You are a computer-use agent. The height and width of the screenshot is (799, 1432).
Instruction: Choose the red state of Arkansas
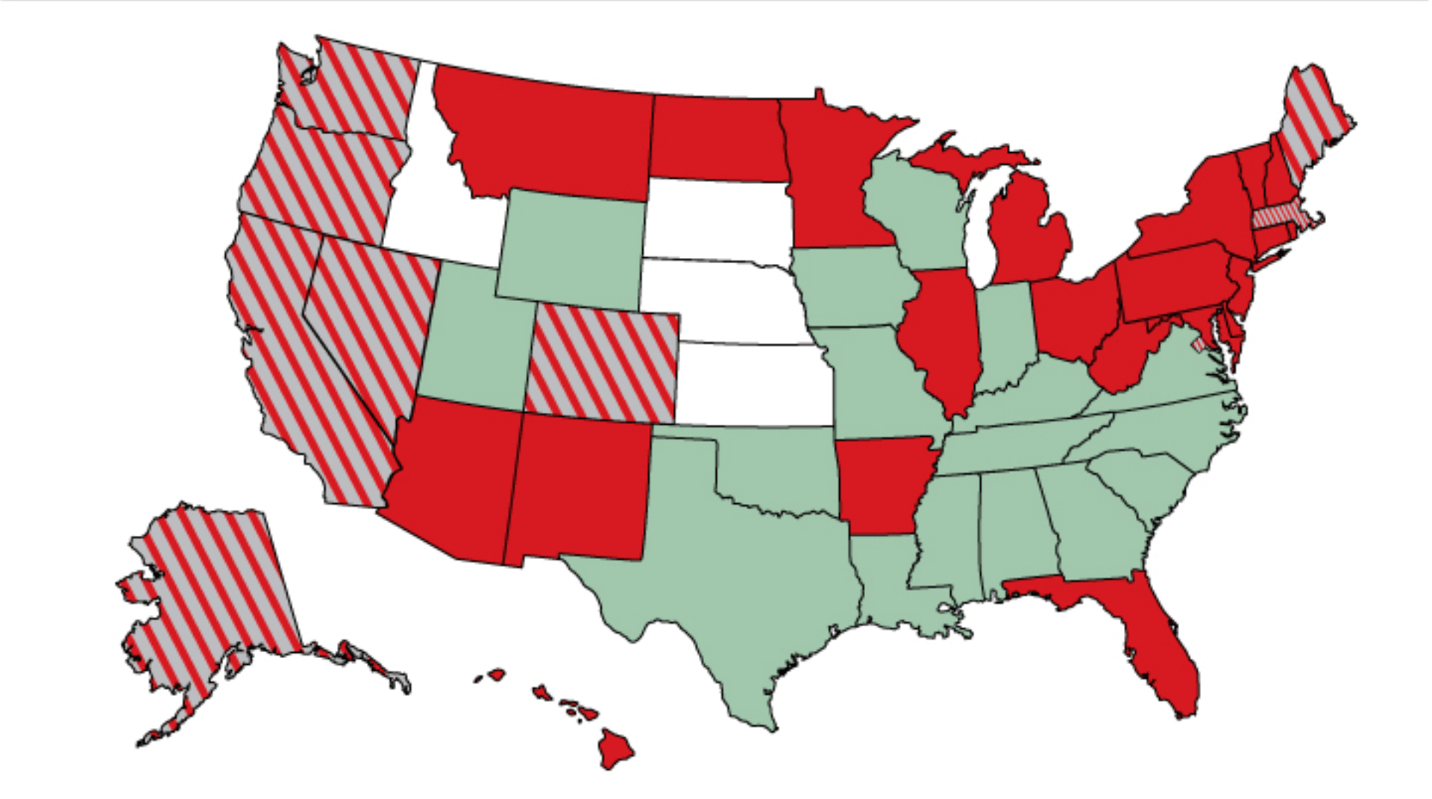880,484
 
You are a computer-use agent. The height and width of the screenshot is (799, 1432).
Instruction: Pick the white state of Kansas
753,384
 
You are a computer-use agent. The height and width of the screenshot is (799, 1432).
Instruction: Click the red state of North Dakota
716,138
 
